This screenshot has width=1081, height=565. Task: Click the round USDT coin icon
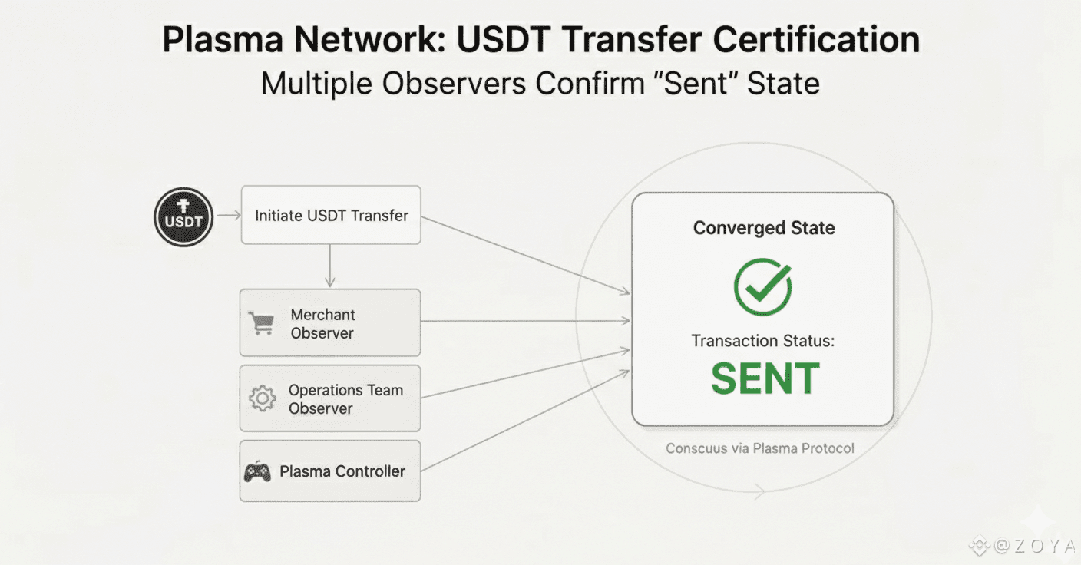tap(183, 217)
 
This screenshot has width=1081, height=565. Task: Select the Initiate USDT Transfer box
tap(331, 215)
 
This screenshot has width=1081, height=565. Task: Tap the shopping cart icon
tap(262, 323)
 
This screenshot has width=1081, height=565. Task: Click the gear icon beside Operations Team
tap(263, 398)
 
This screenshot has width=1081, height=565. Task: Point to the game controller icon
tap(257, 471)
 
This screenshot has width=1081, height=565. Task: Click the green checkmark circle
tap(762, 286)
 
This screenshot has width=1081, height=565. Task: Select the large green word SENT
tap(765, 378)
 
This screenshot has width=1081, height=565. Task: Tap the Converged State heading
tap(763, 228)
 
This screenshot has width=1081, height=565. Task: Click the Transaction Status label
tap(762, 340)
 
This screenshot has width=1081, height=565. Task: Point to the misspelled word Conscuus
tap(696, 448)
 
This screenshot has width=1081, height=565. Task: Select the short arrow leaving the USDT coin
tap(228, 216)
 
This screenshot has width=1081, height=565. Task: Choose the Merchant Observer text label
tap(322, 324)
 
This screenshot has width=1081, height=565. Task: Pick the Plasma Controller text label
tap(342, 471)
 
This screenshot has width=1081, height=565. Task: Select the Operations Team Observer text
tap(345, 399)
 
